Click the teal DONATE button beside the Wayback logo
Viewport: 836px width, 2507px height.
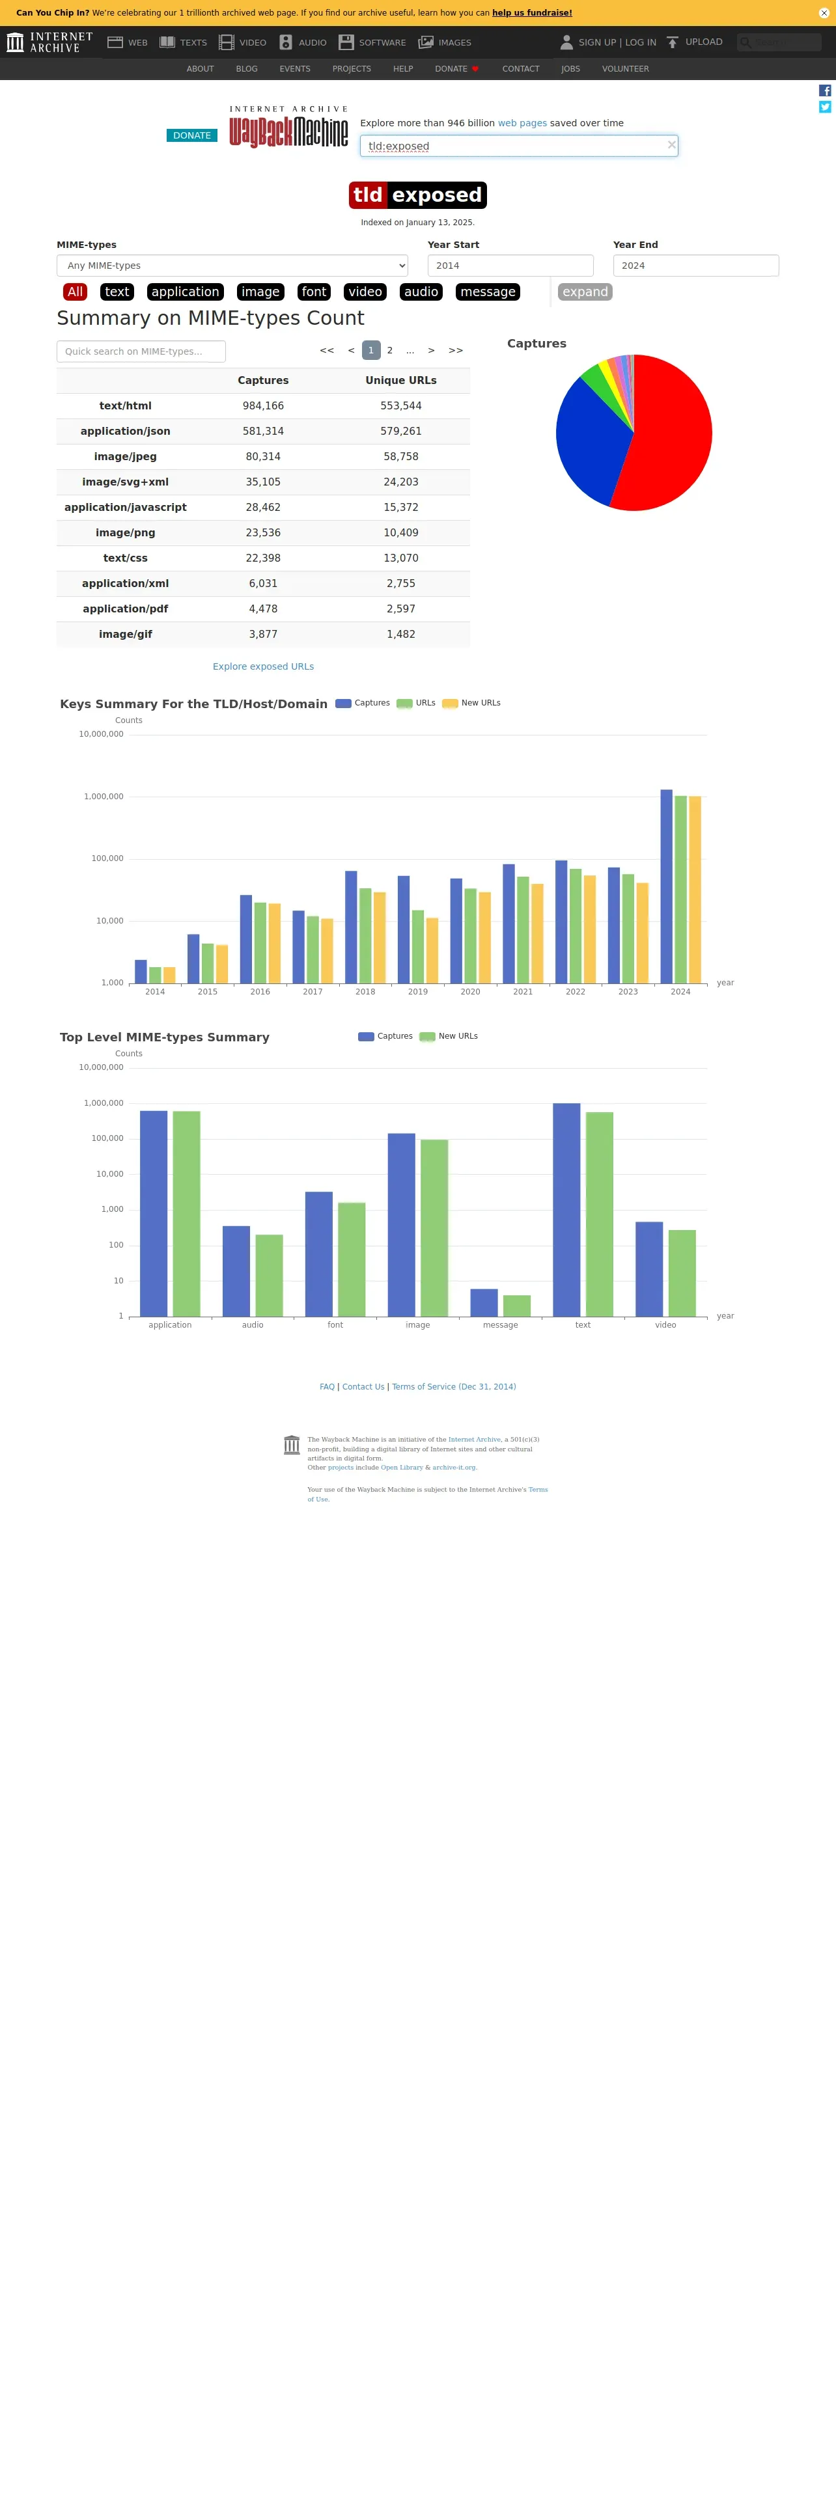click(191, 135)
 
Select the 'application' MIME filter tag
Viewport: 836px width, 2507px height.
click(185, 292)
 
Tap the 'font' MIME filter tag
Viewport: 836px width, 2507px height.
click(313, 292)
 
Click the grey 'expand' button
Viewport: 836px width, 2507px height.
click(585, 292)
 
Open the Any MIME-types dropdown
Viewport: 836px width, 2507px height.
click(232, 266)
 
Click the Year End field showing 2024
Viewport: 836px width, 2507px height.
click(695, 266)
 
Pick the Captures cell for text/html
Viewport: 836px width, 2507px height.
click(263, 406)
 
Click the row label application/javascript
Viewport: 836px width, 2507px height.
click(126, 507)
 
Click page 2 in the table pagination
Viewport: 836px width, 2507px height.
click(389, 350)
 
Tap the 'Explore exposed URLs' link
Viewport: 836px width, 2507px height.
click(263, 666)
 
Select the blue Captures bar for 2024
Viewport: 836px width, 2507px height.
click(667, 886)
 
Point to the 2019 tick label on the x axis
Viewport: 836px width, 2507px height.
click(417, 992)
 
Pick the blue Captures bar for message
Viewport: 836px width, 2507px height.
click(484, 1302)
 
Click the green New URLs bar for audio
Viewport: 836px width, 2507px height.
click(269, 1275)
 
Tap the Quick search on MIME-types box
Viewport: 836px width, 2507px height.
click(141, 351)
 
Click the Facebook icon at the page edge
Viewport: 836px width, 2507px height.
click(824, 90)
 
